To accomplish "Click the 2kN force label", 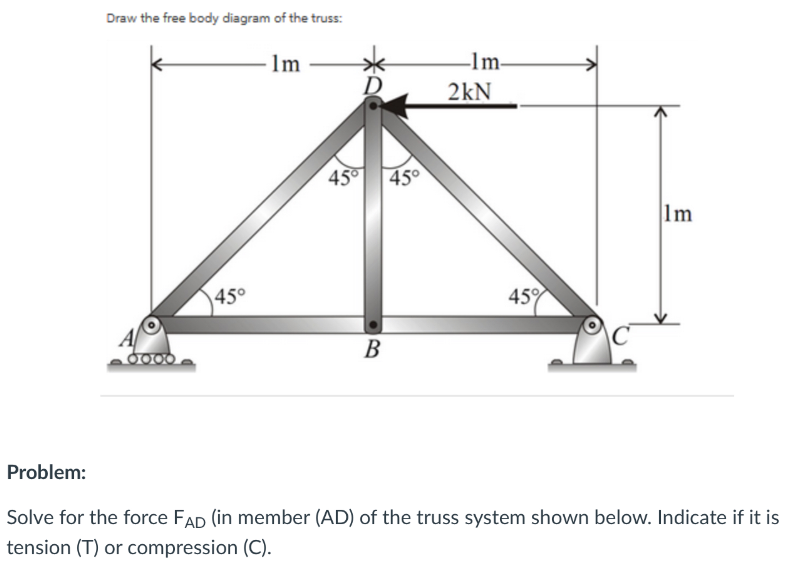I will (470, 92).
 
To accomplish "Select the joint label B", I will (372, 349).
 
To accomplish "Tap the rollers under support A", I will (152, 359).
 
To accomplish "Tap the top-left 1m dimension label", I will (286, 64).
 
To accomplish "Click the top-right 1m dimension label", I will (485, 62).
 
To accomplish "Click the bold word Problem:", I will (46, 472).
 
